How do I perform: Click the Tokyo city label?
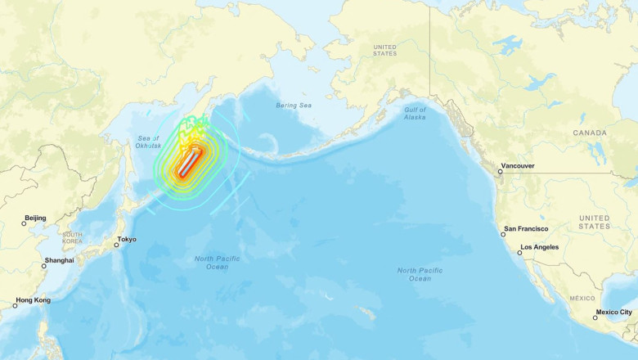tap(127, 240)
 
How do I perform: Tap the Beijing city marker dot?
tap(25, 223)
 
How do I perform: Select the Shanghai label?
tap(59, 260)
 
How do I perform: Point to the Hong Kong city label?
tap(34, 300)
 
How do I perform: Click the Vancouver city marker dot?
tap(500, 172)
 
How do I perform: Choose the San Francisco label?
tap(526, 229)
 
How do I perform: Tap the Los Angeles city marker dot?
tap(519, 252)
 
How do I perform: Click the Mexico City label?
tap(613, 312)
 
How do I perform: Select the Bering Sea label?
tap(294, 106)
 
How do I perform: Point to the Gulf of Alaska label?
tap(415, 113)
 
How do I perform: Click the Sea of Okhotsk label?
tap(149, 142)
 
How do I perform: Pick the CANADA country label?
tap(590, 133)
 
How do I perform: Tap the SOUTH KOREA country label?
tap(72, 238)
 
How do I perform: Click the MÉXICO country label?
tap(582, 299)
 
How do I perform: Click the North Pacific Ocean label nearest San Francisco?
tap(420, 274)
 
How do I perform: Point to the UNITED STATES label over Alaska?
tap(384, 51)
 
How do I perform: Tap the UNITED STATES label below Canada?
tap(594, 221)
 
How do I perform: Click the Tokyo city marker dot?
tap(116, 245)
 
